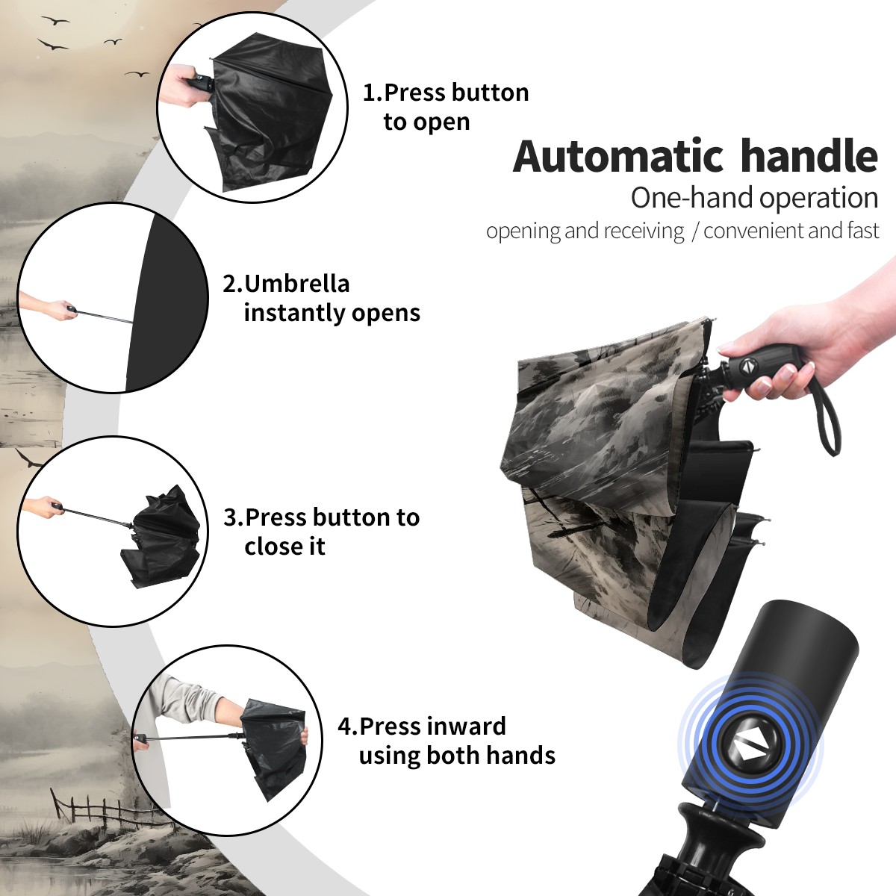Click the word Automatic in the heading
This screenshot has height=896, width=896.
pos(618,157)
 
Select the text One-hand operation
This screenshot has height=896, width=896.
pos(754,198)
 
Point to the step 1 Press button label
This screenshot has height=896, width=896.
pos(446,92)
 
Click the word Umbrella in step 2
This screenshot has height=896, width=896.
pos(297,284)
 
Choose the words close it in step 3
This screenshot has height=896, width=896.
pos(284,546)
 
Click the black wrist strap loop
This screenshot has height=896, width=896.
pos(827,422)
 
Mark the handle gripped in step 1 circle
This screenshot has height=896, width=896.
pos(201,84)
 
